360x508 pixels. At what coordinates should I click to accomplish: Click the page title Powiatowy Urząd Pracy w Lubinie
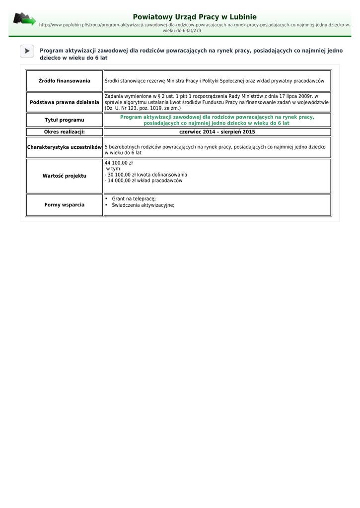pyautogui.click(x=195, y=17)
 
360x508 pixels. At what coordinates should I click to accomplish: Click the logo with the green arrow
pyautogui.click(x=24, y=19)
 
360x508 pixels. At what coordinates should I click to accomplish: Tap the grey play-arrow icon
pyautogui.click(x=27, y=51)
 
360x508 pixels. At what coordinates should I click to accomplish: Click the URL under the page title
pyautogui.click(x=195, y=27)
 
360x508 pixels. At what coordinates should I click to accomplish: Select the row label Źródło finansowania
pyautogui.click(x=65, y=81)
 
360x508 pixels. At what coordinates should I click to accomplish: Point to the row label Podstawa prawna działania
pyautogui.click(x=65, y=102)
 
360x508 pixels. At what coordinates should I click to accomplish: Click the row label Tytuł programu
pyautogui.click(x=65, y=120)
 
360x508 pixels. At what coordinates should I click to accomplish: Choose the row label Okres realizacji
pyautogui.click(x=65, y=132)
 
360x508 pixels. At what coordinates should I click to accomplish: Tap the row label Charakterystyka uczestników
pyautogui.click(x=65, y=147)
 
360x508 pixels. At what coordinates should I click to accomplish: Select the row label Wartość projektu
pyautogui.click(x=65, y=176)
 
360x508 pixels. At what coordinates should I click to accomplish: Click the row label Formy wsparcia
pyautogui.click(x=65, y=205)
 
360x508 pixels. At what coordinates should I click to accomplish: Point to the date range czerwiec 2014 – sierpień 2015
pyautogui.click(x=217, y=132)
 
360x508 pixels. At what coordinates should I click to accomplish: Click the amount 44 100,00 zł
pyautogui.click(x=119, y=163)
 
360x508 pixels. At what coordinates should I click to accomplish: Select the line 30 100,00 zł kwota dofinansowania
pyautogui.click(x=147, y=175)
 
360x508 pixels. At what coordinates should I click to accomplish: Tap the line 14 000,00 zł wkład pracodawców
pyautogui.click(x=144, y=181)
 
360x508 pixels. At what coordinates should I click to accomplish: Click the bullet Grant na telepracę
pyautogui.click(x=134, y=199)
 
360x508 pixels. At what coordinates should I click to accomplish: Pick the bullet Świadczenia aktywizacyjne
pyautogui.click(x=143, y=205)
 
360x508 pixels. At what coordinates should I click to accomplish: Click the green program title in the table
pyautogui.click(x=217, y=120)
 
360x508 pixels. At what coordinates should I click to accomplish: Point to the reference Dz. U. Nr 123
pyautogui.click(x=125, y=108)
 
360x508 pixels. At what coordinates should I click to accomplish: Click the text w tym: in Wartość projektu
pyautogui.click(x=114, y=169)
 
